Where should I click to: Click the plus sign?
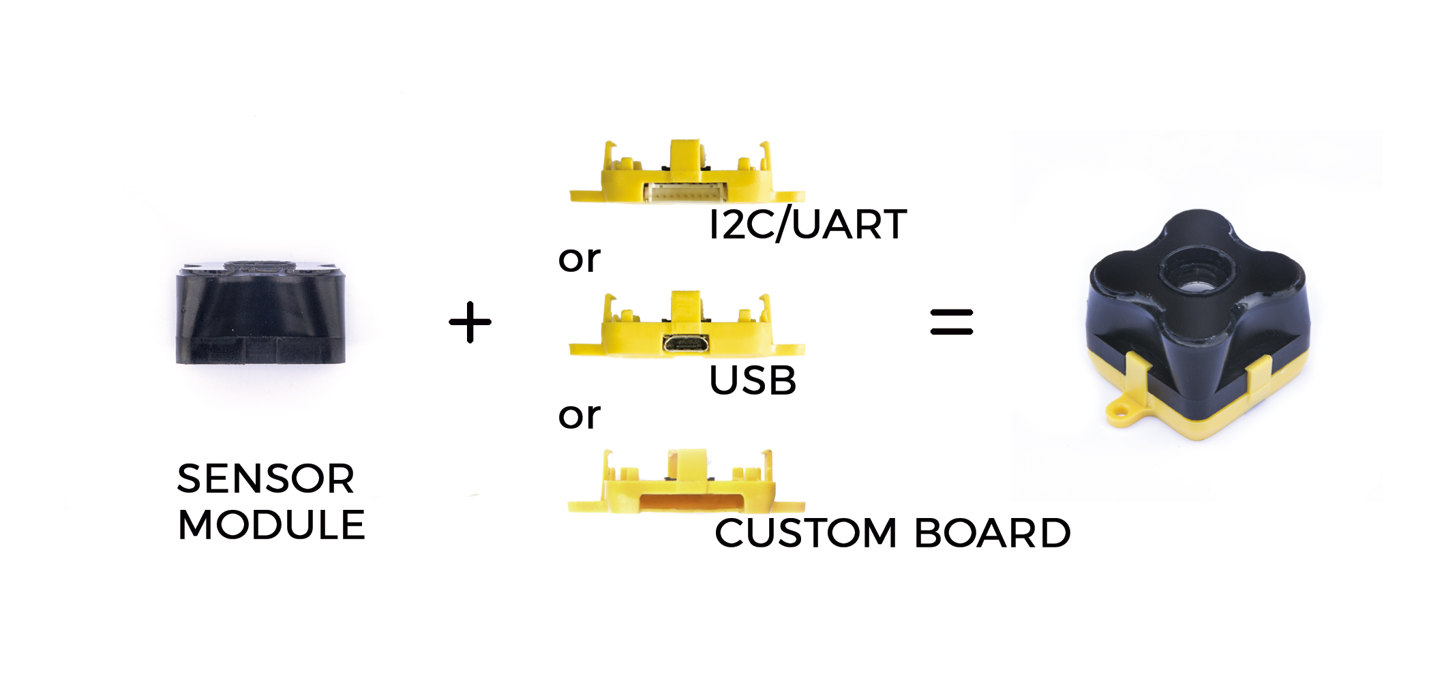point(470,322)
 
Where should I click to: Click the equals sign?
point(952,322)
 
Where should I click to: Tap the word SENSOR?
point(266,479)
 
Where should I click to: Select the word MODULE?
point(271,525)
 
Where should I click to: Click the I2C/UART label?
point(808,224)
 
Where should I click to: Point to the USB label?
point(753,380)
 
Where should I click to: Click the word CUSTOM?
point(806,533)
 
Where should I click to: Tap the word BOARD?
point(993,533)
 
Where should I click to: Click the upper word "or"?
point(580,260)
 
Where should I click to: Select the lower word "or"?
point(580,416)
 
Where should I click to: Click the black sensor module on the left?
point(260,313)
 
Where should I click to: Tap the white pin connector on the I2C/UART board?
point(685,193)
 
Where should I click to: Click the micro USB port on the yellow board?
point(685,344)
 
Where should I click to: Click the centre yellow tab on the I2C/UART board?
point(686,155)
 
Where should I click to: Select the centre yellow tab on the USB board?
point(686,306)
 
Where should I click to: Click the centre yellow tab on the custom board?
point(687,464)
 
